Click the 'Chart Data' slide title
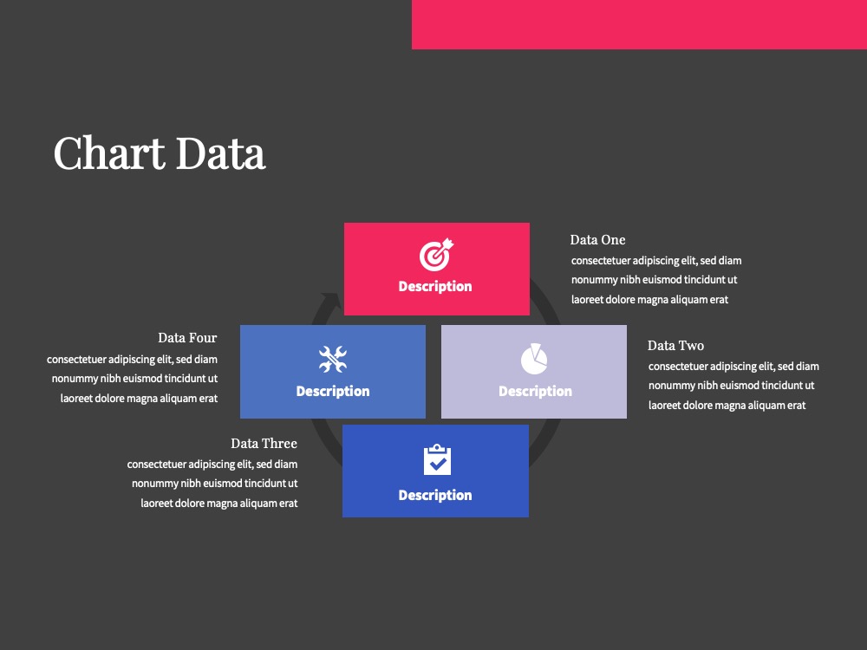pyautogui.click(x=160, y=153)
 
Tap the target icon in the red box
pyautogui.click(x=436, y=255)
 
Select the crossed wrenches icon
pyautogui.click(x=333, y=359)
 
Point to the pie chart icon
pyautogui.click(x=534, y=359)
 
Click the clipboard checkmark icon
pyautogui.click(x=437, y=459)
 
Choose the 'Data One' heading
pyautogui.click(x=597, y=240)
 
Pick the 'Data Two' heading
pyautogui.click(x=675, y=346)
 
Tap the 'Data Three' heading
pyautogui.click(x=264, y=443)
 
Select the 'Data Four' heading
pyautogui.click(x=187, y=338)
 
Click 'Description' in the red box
pyautogui.click(x=435, y=286)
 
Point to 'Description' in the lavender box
pyautogui.click(x=535, y=392)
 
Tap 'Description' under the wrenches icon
pyautogui.click(x=333, y=392)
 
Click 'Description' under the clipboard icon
pyautogui.click(x=435, y=495)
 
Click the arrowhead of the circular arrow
pyautogui.click(x=332, y=300)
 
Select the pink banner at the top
pyautogui.click(x=639, y=24)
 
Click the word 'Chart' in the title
pyautogui.click(x=109, y=153)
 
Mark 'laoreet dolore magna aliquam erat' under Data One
pyautogui.click(x=649, y=300)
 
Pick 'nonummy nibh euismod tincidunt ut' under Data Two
pyautogui.click(x=732, y=386)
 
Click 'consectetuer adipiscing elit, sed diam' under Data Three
pyautogui.click(x=212, y=465)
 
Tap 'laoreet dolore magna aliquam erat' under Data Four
pyautogui.click(x=139, y=399)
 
